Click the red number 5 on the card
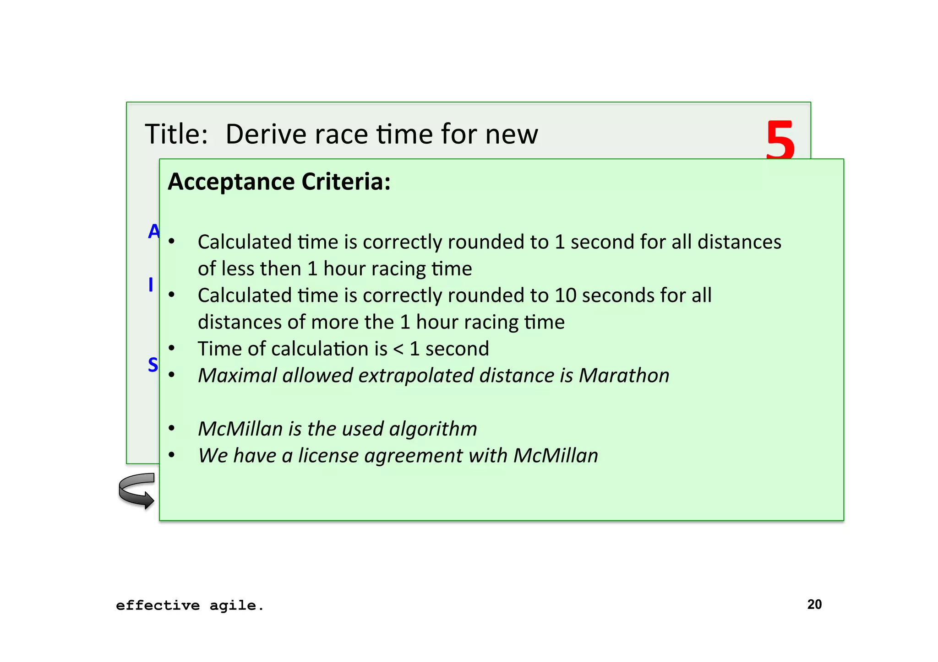pos(780,139)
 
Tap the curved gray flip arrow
pos(136,491)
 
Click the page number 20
pos(814,604)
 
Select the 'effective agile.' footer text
pos(190,606)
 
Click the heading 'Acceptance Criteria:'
pos(279,182)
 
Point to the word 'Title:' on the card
pos(176,135)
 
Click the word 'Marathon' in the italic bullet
pos(624,376)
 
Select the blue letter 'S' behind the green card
pos(153,365)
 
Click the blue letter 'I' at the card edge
pos(151,285)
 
